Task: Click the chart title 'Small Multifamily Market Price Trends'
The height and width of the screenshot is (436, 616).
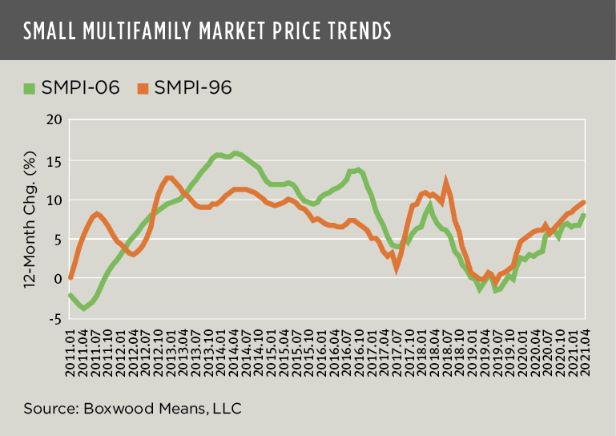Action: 207,30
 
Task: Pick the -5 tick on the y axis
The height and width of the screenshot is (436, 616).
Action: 54,318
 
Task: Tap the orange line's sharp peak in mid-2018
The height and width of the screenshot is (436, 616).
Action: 446,181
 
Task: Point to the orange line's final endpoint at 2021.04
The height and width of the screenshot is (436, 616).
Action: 585,202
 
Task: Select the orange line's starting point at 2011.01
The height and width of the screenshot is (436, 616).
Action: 71,278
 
